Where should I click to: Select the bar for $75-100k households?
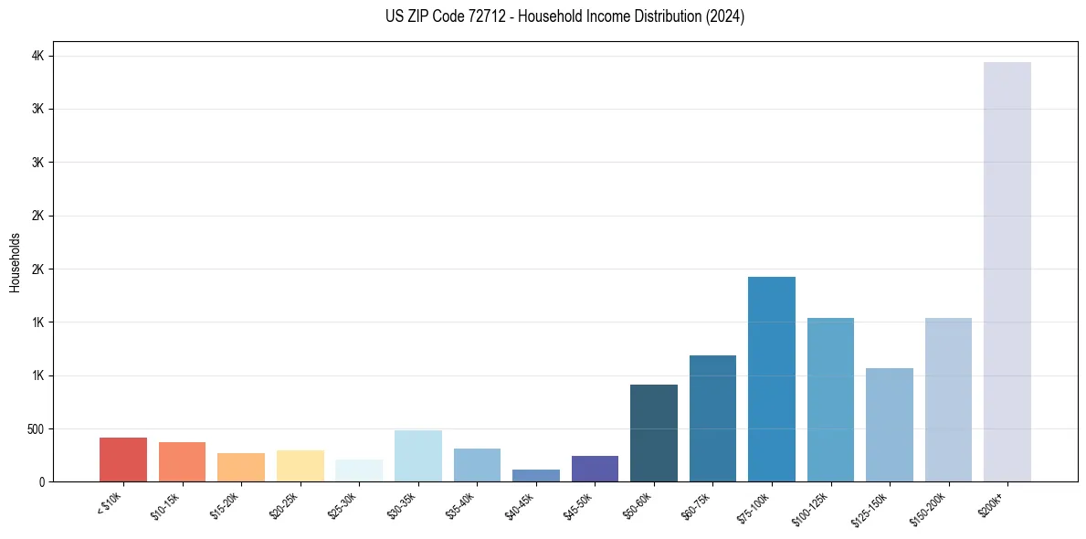click(771, 379)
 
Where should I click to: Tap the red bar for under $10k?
click(123, 460)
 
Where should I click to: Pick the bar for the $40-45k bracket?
click(536, 475)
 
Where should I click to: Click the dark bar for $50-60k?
click(654, 433)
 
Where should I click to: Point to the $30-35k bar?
click(418, 456)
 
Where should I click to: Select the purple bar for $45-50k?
click(595, 469)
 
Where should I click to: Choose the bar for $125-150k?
click(889, 425)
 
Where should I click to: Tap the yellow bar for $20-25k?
click(300, 466)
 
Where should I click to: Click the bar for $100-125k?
click(830, 399)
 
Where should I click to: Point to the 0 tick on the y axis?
click(40, 481)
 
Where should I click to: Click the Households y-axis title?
click(16, 262)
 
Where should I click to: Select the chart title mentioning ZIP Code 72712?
click(565, 16)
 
